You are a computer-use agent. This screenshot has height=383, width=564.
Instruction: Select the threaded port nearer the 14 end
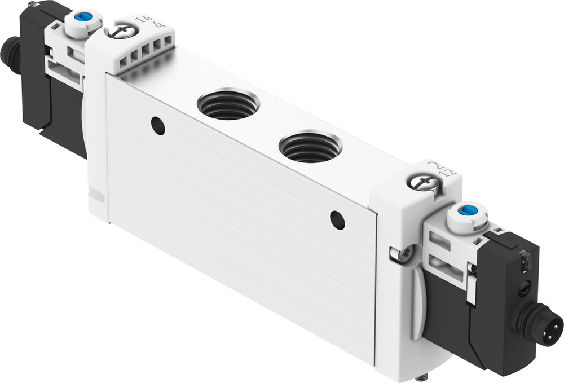point(228,104)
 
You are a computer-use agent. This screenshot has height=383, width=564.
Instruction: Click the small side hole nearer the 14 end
point(158,126)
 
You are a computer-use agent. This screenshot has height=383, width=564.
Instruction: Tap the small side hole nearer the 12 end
point(337,220)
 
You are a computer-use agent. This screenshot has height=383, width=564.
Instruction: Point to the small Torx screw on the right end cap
point(404,254)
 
